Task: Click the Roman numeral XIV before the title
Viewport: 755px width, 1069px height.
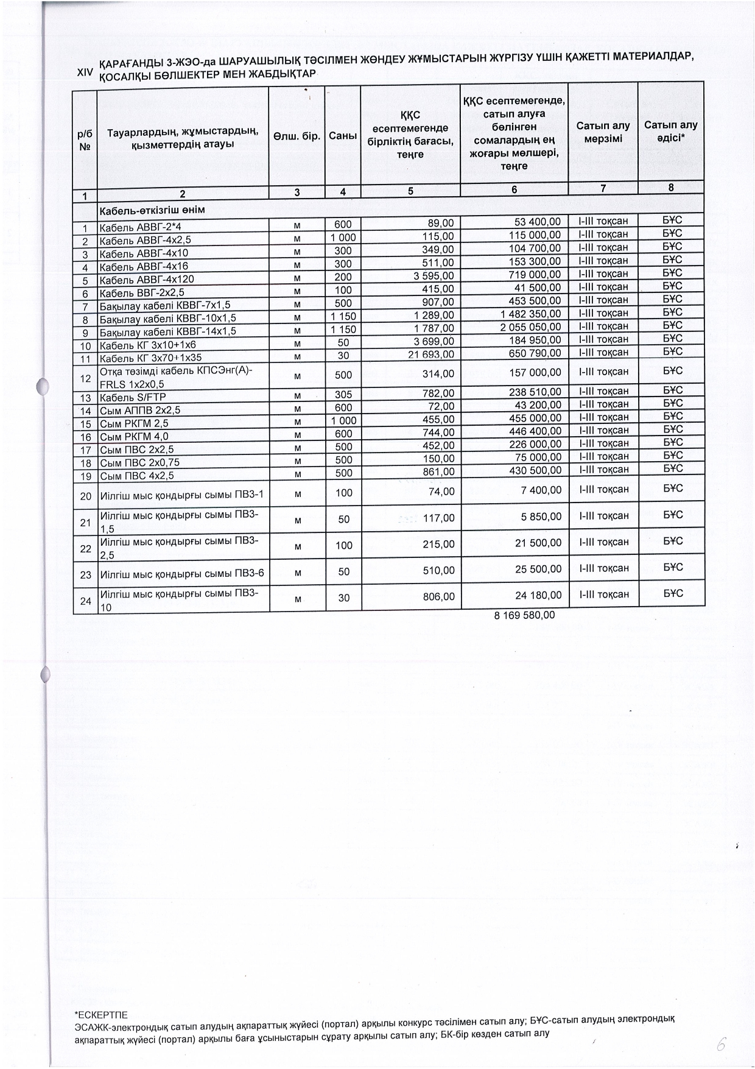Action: click(85, 72)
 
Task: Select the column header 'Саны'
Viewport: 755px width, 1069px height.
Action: click(343, 136)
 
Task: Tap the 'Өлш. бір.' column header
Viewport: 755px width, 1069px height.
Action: click(297, 136)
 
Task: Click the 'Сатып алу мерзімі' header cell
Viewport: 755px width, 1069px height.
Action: click(603, 132)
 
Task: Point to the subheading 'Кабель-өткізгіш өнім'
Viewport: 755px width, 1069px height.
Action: click(152, 210)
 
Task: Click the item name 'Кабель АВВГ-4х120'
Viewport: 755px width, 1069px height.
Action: click(147, 280)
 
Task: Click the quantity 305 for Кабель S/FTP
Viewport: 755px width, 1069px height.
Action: click(343, 394)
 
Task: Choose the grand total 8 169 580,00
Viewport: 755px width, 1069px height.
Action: click(525, 615)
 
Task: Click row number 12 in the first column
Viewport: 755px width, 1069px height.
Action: click(85, 378)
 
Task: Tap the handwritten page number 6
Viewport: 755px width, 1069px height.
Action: click(721, 1044)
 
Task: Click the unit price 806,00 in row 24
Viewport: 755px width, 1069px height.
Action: click(438, 597)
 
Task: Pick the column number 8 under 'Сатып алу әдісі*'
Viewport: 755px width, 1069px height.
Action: click(671, 188)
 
